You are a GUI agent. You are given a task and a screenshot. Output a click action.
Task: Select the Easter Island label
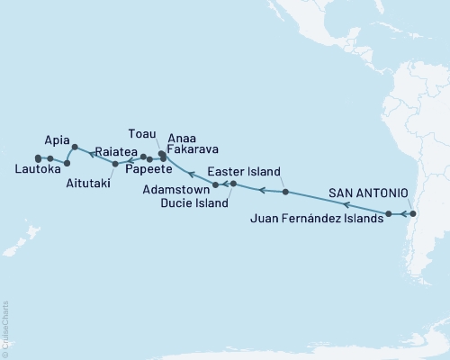[x=244, y=172]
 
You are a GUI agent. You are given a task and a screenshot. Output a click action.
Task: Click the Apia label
[x=58, y=141]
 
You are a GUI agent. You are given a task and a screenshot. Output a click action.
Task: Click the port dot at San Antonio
[x=413, y=214]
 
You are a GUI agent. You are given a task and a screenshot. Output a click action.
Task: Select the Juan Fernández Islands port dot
[x=389, y=214]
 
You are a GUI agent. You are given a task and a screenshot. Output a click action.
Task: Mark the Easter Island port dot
[x=284, y=192]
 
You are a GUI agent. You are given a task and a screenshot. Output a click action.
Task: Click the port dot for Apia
[x=74, y=147]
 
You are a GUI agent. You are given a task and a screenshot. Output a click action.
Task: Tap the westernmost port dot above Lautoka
[x=37, y=159]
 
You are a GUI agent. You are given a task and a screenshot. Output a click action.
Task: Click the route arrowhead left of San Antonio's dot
[x=403, y=214]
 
